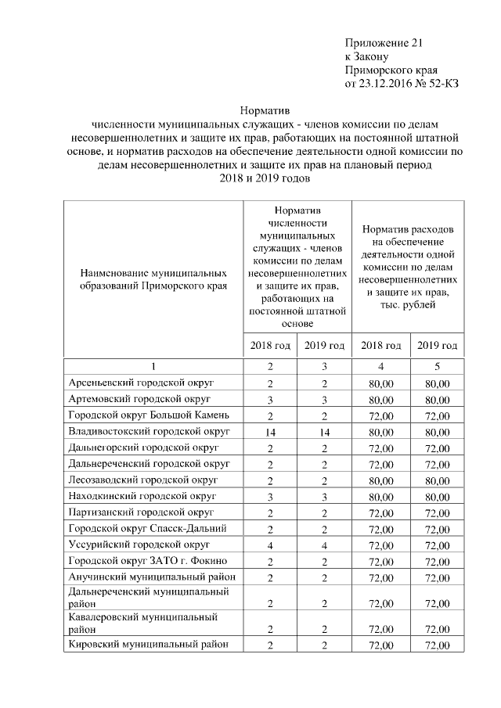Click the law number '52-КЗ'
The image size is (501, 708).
point(442,84)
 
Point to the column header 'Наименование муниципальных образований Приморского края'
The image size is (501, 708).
point(153,279)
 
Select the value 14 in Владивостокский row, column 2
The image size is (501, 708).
point(270,431)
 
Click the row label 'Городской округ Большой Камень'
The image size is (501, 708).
point(148,415)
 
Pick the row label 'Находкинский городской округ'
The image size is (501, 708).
point(142,496)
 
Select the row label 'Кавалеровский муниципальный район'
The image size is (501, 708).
point(142,623)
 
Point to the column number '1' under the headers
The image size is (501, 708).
point(153,366)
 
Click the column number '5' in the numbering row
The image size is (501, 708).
point(438,366)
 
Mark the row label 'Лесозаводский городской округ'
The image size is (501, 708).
point(142,480)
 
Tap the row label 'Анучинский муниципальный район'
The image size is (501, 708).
point(149,577)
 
